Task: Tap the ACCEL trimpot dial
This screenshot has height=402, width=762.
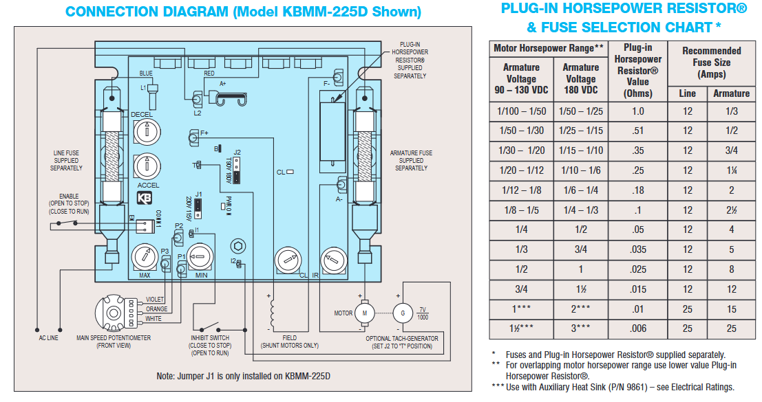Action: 146,166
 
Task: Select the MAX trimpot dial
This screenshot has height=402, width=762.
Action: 145,258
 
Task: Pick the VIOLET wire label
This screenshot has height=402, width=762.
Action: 156,300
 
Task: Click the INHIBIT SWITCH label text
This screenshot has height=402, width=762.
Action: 210,338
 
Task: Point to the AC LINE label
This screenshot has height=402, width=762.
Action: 48,338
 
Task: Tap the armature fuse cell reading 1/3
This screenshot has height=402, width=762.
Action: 731,111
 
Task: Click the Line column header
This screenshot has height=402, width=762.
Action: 687,93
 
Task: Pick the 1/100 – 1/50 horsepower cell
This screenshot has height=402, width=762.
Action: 520,111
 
